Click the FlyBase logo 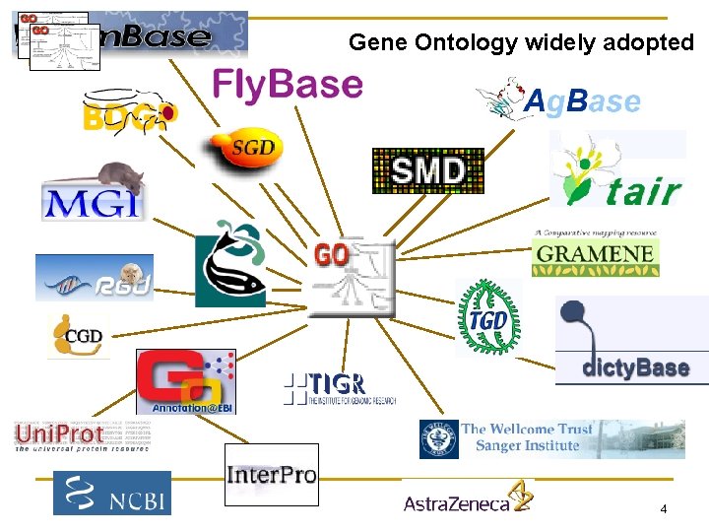pyautogui.click(x=288, y=85)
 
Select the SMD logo pyautogui.click(x=427, y=170)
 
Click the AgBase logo pyautogui.click(x=558, y=100)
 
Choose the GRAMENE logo pyautogui.click(x=595, y=254)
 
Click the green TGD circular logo pyautogui.click(x=485, y=316)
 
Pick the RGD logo pyautogui.click(x=95, y=279)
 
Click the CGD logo pyautogui.click(x=79, y=336)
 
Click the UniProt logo pyautogui.click(x=61, y=433)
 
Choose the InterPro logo pyautogui.click(x=271, y=474)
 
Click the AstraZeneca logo pyautogui.click(x=468, y=501)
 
